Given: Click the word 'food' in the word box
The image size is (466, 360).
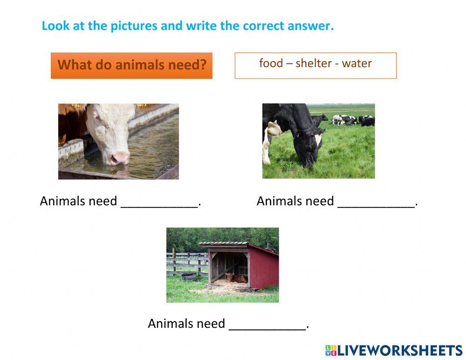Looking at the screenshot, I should (271, 63).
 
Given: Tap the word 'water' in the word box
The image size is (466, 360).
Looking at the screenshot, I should (356, 63).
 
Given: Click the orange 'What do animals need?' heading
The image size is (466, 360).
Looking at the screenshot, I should (131, 65).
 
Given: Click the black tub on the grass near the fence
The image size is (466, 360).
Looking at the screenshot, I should (188, 277).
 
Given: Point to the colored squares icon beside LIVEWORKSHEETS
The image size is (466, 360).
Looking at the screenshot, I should (330, 351).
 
